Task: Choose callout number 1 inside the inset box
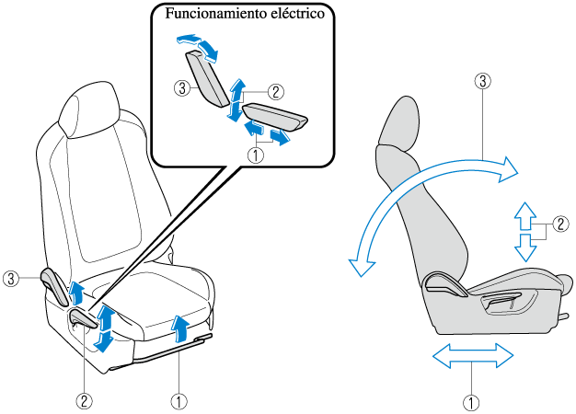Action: [x=257, y=155]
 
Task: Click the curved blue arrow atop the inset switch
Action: [x=199, y=44]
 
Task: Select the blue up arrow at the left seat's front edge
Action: [x=181, y=327]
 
